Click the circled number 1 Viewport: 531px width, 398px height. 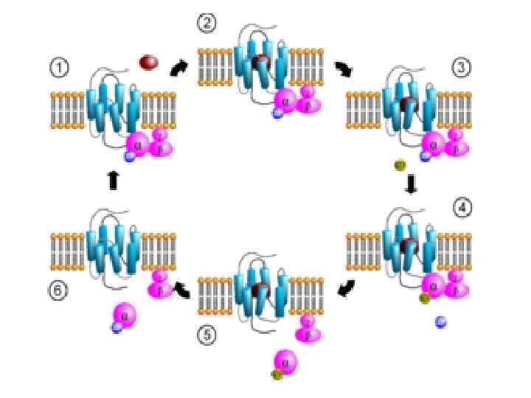coord(59,69)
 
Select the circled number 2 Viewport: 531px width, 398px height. coord(206,24)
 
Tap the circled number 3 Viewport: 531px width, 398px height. coord(462,69)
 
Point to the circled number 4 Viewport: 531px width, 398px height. coord(462,208)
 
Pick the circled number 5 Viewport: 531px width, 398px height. coord(207,335)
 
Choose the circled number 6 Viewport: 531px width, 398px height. coord(59,290)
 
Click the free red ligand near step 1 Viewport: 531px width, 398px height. coord(149,63)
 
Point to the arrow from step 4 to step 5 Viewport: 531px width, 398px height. coord(344,290)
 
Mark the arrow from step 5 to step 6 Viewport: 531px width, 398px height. coord(181,290)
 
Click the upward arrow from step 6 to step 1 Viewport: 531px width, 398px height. coord(113,180)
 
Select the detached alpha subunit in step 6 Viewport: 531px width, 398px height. coord(125,315)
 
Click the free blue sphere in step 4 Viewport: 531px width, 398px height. coord(441,321)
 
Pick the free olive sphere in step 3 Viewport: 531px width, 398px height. coord(400,164)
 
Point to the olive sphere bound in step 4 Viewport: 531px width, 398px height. coord(425,298)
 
